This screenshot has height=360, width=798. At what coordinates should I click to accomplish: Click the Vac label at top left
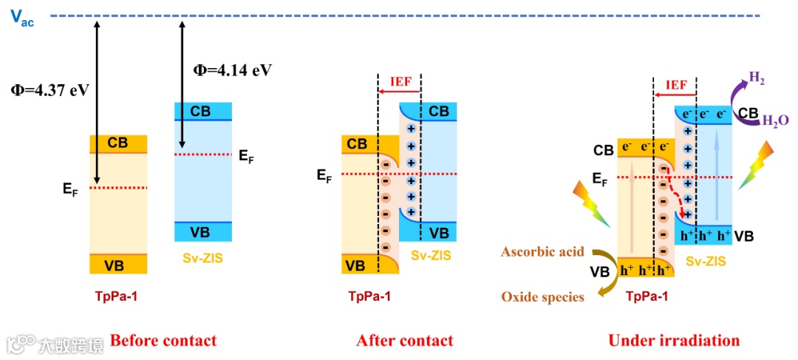coord(22,17)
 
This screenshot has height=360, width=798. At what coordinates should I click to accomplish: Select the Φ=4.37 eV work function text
coord(50,90)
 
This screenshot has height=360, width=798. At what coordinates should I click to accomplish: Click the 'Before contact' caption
coord(163,341)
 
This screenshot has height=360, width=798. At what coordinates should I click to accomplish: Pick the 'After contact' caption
coord(405,341)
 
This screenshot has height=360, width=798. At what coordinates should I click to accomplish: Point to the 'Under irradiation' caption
coord(674,341)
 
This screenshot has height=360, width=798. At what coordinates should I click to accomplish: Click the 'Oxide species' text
coord(542,296)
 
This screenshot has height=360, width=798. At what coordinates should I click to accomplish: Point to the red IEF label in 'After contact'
coord(399,81)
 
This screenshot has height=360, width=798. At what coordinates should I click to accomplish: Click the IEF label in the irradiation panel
coord(676,85)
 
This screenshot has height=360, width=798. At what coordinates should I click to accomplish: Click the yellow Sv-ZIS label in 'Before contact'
coord(202,258)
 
